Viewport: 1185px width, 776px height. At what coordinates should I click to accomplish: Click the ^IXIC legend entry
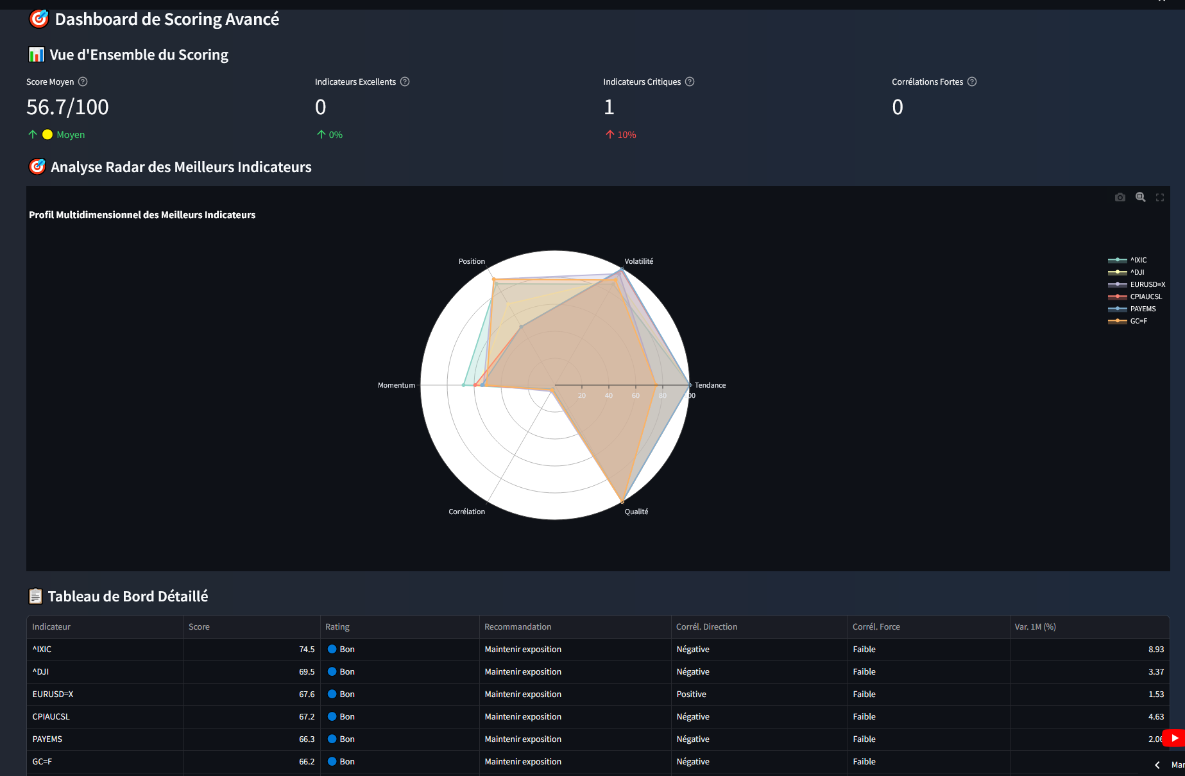pos(1138,260)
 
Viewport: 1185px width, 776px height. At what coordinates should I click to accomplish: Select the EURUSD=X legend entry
pos(1147,284)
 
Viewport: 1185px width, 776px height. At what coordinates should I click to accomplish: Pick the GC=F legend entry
pos(1138,321)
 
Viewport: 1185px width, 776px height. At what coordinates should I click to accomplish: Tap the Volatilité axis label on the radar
pos(638,261)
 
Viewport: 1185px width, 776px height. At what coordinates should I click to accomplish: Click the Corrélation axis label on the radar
pos(466,512)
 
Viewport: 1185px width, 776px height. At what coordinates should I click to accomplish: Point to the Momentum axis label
pos(396,385)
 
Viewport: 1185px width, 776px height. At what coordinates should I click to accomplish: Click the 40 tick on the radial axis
pos(608,395)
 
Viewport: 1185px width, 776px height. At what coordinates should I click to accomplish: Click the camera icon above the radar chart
pos(1120,197)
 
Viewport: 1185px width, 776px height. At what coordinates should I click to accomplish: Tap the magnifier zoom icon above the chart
pos(1140,197)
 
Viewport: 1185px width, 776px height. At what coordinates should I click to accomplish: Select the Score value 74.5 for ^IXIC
pos(307,650)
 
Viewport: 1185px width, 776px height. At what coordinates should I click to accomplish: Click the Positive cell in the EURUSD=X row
pos(691,694)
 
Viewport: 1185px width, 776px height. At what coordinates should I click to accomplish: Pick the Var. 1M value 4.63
pos(1155,717)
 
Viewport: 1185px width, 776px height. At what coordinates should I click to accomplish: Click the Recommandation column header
pos(517,627)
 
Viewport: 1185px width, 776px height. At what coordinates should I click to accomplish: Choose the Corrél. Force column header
pos(876,627)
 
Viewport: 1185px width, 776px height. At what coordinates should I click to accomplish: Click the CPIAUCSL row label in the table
pos(51,717)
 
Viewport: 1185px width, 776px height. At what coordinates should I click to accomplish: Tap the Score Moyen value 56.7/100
pos(67,107)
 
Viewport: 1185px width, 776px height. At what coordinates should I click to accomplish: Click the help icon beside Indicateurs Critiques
pos(690,82)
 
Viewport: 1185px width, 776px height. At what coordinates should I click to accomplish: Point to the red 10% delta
pos(626,135)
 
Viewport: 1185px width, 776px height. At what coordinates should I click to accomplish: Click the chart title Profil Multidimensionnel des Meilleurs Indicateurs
pos(142,215)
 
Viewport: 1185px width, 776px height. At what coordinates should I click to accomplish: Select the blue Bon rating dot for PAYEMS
pos(332,739)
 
